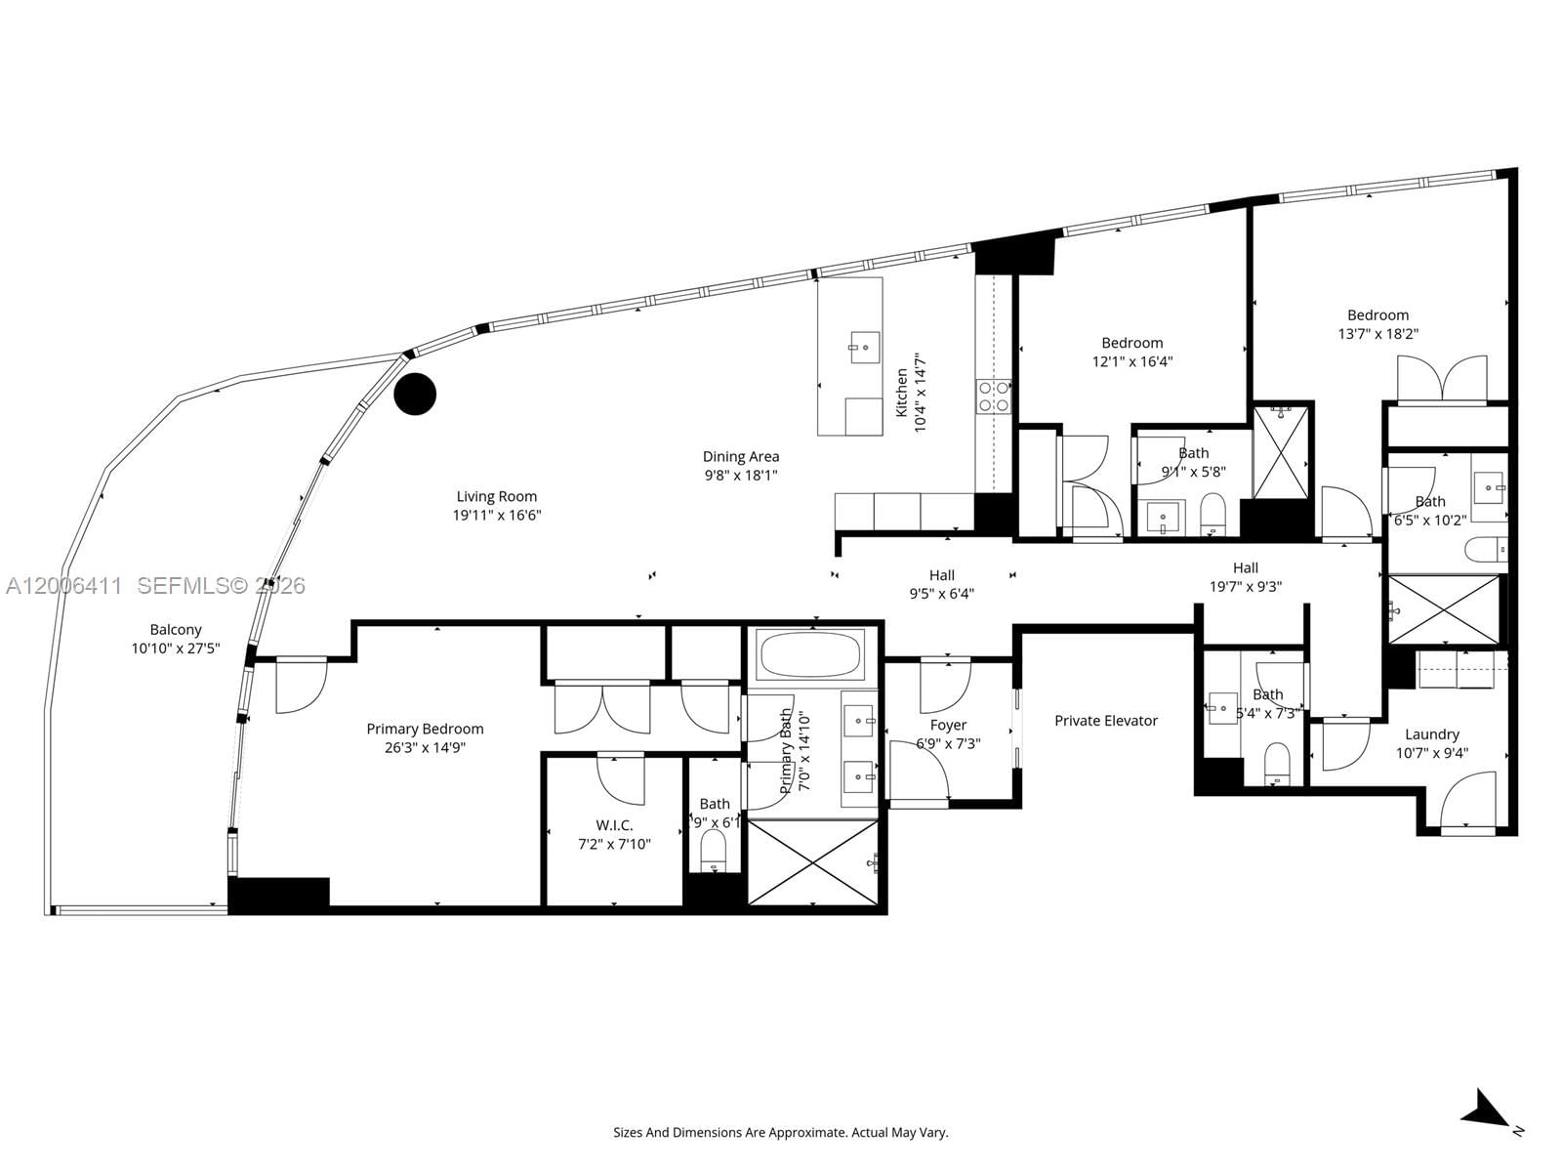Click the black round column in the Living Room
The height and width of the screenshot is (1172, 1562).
click(415, 394)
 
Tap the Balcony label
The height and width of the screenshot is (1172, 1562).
click(176, 630)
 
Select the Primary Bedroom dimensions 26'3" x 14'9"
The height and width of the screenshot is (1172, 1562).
click(425, 748)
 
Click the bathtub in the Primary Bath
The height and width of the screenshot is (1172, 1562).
click(811, 654)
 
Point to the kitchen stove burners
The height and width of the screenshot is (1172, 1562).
click(994, 396)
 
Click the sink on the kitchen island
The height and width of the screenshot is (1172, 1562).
click(864, 347)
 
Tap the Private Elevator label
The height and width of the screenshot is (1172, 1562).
click(1105, 721)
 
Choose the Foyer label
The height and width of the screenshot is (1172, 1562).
click(948, 725)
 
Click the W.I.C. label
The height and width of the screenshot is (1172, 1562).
click(614, 825)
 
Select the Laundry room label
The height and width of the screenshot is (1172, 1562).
click(1431, 734)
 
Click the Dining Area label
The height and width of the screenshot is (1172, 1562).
click(741, 456)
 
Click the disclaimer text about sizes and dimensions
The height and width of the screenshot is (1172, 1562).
click(780, 1133)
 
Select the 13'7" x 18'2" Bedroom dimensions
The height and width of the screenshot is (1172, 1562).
click(1377, 333)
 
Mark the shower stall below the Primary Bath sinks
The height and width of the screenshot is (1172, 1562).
click(812, 862)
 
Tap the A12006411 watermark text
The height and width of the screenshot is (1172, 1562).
click(63, 586)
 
